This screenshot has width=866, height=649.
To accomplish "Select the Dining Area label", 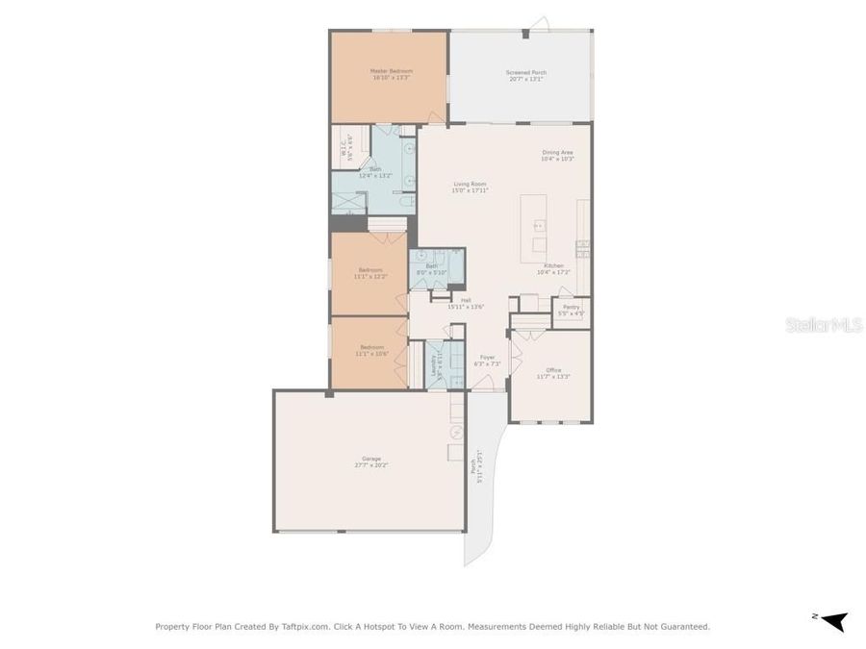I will pyautogui.click(x=557, y=155).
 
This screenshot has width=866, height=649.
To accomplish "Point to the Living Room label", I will pyautogui.click(x=470, y=187).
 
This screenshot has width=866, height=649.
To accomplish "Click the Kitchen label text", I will pyautogui.click(x=553, y=268).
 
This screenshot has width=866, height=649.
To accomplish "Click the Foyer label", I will pyautogui.click(x=488, y=360).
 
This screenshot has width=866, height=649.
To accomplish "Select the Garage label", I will pyautogui.click(x=370, y=462).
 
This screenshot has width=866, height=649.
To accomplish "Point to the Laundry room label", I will pyautogui.click(x=434, y=364).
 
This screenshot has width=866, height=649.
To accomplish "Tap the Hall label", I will pyautogui.click(x=466, y=303).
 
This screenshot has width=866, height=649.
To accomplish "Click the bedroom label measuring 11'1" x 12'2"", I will pyautogui.click(x=370, y=272).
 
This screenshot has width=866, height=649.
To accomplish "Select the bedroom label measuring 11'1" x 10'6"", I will pyautogui.click(x=371, y=350).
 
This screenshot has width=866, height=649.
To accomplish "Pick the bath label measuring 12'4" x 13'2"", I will pyautogui.click(x=375, y=172).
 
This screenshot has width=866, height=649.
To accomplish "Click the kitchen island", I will pyautogui.click(x=533, y=228).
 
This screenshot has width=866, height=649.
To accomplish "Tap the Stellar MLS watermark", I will pyautogui.click(x=824, y=325).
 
